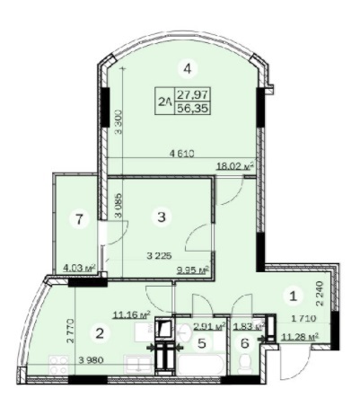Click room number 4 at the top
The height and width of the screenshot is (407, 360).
(x=187, y=66)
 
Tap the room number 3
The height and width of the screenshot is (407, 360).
(x=161, y=216)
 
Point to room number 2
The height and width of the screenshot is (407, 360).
(x=100, y=332)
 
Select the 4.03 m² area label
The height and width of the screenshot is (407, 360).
(x=81, y=266)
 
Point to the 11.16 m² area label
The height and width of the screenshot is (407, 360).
(x=131, y=314)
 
